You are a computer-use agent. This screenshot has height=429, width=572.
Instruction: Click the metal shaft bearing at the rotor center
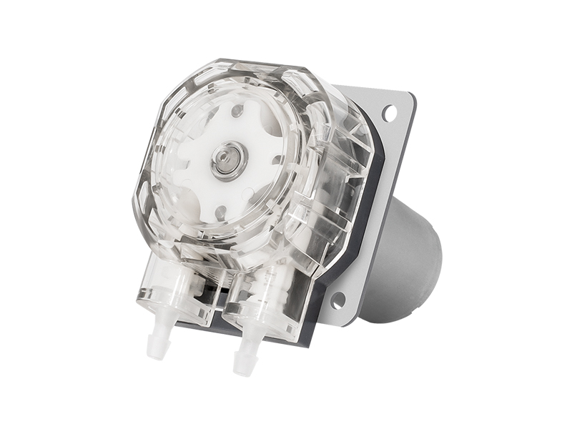click(x=228, y=161)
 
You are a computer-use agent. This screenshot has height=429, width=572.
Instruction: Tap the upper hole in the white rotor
click(x=237, y=110)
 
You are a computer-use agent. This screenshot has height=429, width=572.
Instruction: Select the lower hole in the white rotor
click(x=220, y=212)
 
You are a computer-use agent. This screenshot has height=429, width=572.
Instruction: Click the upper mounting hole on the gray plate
click(x=389, y=112)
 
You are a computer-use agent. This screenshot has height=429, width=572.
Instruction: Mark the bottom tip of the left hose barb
click(x=154, y=355)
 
